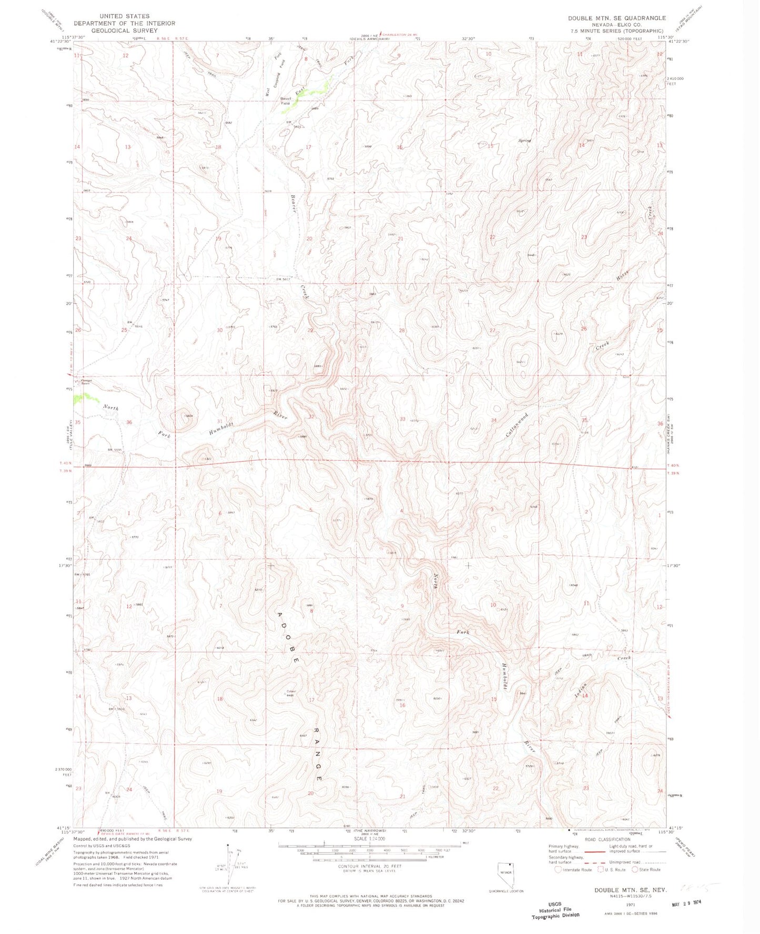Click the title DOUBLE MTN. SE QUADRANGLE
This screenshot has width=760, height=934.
click(616, 18)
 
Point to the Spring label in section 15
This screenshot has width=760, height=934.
click(524, 140)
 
